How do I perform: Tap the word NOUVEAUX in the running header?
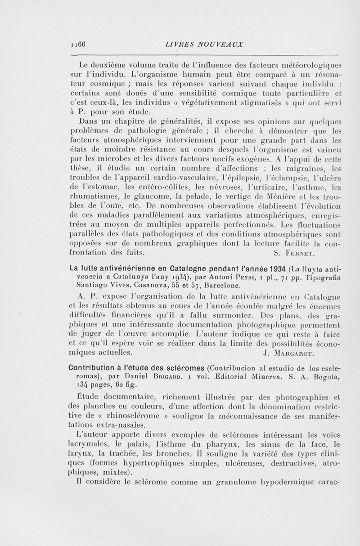tap(217, 44)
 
